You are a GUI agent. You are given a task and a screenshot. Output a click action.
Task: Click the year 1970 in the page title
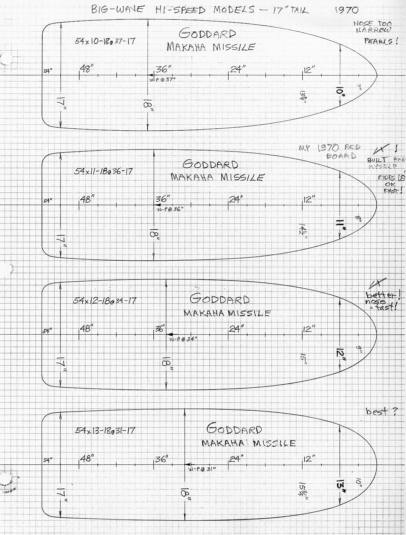click(x=347, y=10)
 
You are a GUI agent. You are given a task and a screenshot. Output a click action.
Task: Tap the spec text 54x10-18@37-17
click(x=105, y=41)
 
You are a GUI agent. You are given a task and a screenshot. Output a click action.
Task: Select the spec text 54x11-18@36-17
click(x=103, y=171)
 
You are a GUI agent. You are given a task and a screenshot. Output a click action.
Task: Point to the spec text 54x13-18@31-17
click(x=105, y=430)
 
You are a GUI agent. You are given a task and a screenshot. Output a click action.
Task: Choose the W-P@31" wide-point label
click(x=202, y=469)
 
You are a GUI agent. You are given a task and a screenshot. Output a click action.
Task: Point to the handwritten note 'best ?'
click(x=382, y=412)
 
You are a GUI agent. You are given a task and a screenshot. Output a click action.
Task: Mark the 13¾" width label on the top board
click(x=302, y=97)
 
